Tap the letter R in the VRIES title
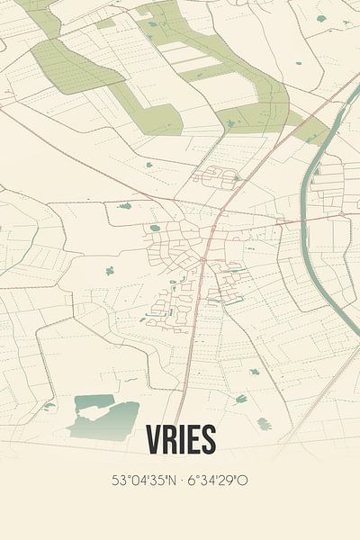(170, 439)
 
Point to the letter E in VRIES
(194, 439)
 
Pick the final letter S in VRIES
(209, 439)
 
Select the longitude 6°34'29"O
(217, 481)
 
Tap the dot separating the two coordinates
(180, 481)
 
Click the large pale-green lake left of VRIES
(105, 416)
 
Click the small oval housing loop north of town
(215, 177)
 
